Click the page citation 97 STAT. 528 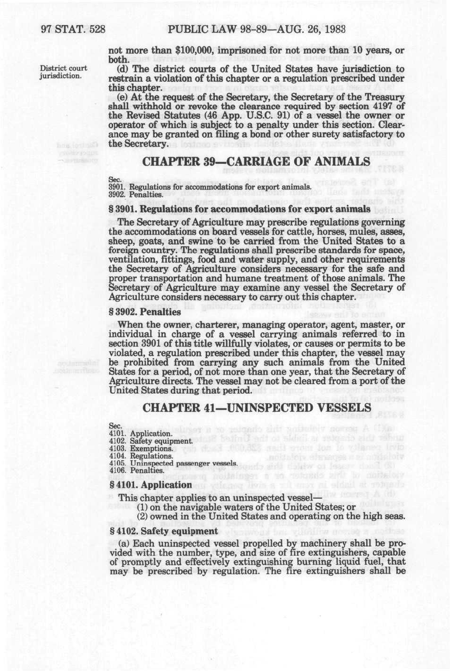tap(73, 29)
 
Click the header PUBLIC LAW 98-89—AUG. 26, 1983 tap(256, 29)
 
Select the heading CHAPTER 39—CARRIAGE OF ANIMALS tap(257, 161)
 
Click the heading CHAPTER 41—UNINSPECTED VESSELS tap(257, 407)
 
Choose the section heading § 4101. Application tap(150, 485)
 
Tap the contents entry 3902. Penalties tap(136, 194)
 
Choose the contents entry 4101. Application tap(140, 434)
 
